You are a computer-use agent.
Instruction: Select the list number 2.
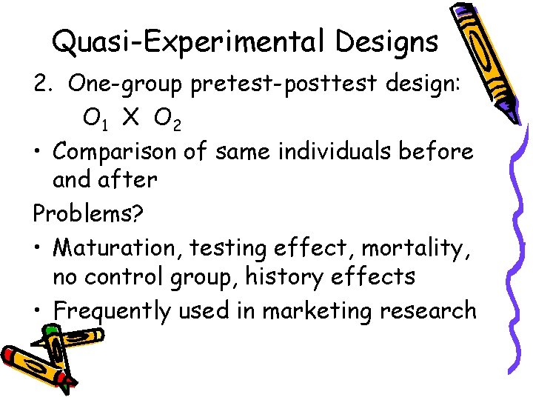(x=41, y=84)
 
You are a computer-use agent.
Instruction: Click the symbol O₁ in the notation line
(x=93, y=119)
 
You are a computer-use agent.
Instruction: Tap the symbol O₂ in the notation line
(x=167, y=119)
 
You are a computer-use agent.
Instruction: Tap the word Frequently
(x=113, y=311)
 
